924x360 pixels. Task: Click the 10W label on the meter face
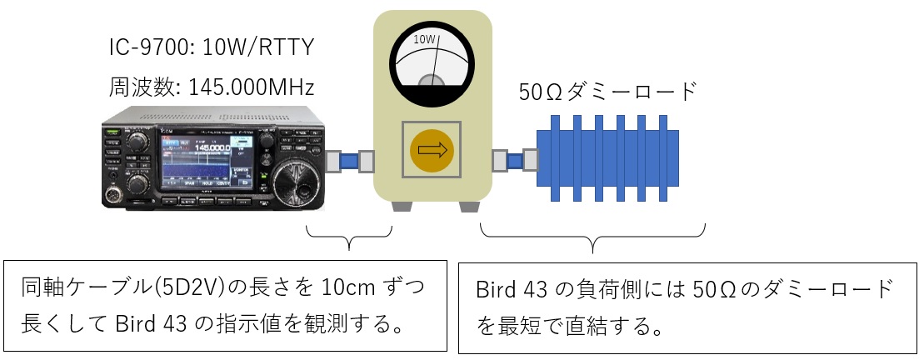pyautogui.click(x=424, y=40)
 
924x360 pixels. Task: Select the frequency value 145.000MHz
pyautogui.click(x=251, y=87)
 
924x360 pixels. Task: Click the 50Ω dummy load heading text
pyautogui.click(x=607, y=92)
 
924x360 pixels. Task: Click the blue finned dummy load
pyautogui.click(x=607, y=158)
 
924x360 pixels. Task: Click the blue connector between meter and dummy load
pyautogui.click(x=515, y=160)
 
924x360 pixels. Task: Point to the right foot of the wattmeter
pyautogui.click(x=471, y=206)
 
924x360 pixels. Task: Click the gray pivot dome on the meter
pyautogui.click(x=433, y=82)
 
